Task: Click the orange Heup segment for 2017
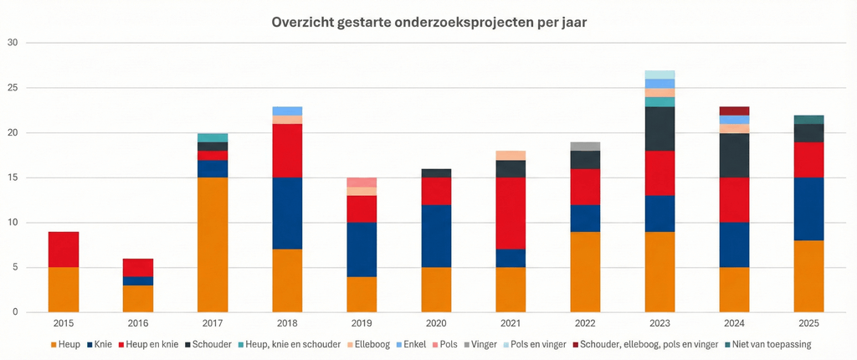tap(213, 244)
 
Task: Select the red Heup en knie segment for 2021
tap(511, 213)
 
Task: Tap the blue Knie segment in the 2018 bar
tap(287, 213)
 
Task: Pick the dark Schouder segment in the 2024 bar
tap(734, 155)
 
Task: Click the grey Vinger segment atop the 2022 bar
tap(585, 147)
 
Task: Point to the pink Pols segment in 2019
tap(362, 183)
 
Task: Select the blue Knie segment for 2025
tap(808, 209)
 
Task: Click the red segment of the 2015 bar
tap(64, 249)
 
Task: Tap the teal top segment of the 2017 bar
tap(213, 137)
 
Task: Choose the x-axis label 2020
tap(436, 323)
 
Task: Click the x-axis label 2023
tap(659, 323)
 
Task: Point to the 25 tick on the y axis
tap(12, 88)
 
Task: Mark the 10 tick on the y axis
tap(12, 223)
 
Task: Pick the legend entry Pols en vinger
tap(536, 344)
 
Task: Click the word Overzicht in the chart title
tap(305, 23)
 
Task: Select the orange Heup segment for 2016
tap(138, 299)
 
